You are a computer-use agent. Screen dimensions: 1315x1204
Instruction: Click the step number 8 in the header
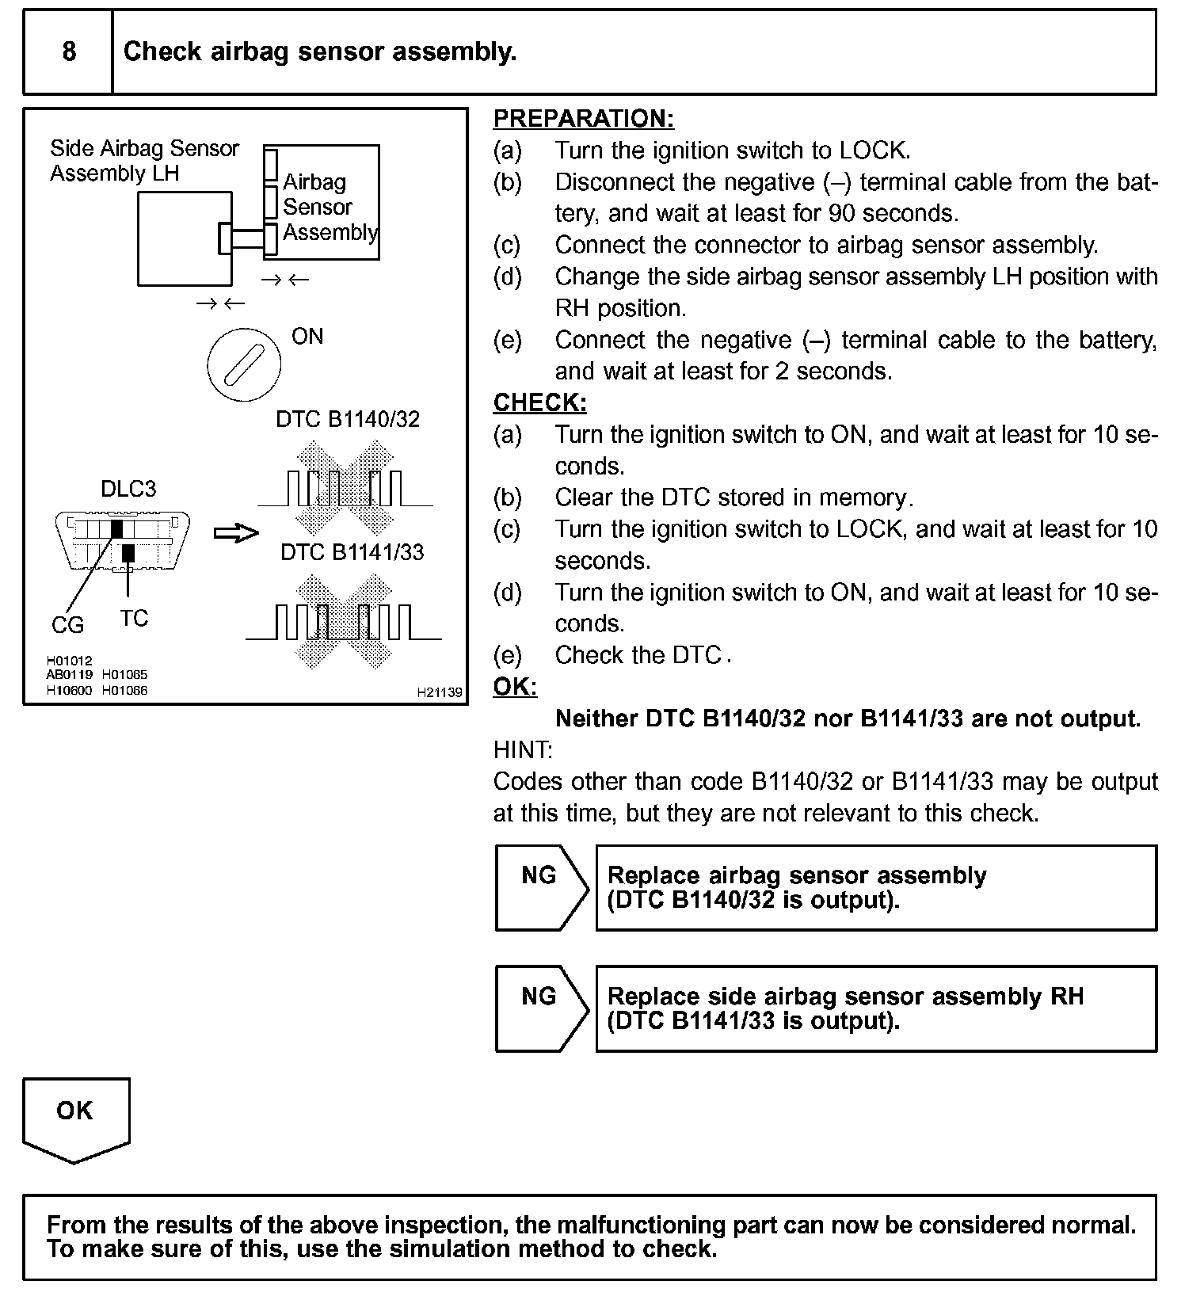pos(69,52)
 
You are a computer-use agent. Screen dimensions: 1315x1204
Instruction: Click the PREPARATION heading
pos(583,119)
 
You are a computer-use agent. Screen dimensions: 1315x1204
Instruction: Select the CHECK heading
pos(539,403)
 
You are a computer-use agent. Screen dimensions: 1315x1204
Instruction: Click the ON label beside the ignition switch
pos(307,337)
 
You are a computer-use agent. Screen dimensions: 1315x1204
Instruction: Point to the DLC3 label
pos(128,489)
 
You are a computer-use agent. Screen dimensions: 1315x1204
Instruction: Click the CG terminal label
pos(67,626)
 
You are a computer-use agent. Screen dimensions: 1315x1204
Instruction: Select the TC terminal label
pos(134,618)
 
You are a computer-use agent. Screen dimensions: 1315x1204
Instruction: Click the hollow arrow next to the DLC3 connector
pos(236,533)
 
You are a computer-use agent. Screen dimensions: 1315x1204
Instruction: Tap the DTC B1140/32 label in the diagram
pos(348,419)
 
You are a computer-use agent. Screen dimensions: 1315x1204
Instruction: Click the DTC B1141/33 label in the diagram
pos(352,552)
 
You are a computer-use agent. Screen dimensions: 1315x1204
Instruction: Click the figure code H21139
pos(440,692)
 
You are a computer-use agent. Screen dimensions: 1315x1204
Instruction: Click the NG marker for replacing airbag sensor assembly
pos(539,876)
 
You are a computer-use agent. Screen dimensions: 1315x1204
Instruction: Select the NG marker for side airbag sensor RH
pos(539,997)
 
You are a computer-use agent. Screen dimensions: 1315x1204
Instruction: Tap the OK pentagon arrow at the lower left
pos(75,1117)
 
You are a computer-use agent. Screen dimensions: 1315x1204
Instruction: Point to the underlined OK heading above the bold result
pos(515,687)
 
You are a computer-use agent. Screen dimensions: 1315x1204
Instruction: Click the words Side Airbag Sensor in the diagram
pos(144,149)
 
